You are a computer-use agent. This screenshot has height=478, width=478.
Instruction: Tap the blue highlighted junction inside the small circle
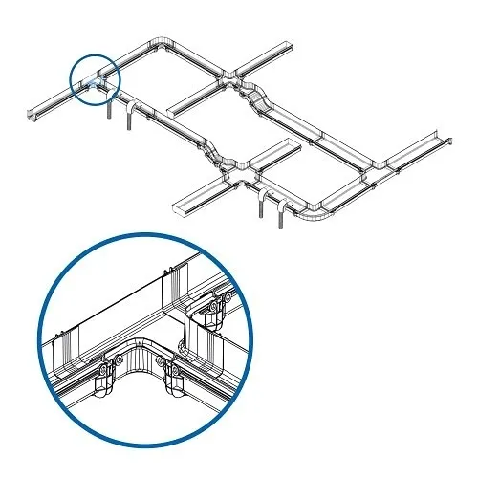pyautogui.click(x=91, y=83)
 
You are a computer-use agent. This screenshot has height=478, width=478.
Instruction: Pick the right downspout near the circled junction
pyautogui.click(x=128, y=115)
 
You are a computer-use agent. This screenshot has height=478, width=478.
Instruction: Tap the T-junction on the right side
pyautogui.click(x=374, y=170)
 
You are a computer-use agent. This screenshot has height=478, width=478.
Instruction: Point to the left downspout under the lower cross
pyautogui.click(x=260, y=205)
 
